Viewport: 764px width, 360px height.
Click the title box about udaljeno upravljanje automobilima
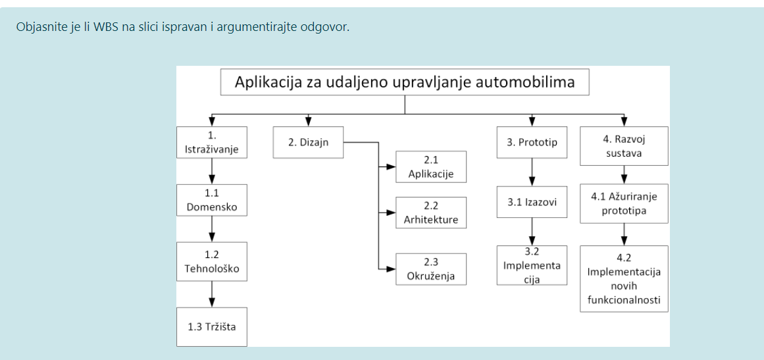point(405,82)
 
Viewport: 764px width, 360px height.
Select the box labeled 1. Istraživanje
point(212,142)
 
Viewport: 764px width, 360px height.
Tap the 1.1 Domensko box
point(212,199)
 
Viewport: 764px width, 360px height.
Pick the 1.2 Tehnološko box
point(212,261)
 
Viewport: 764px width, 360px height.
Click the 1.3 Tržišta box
point(212,326)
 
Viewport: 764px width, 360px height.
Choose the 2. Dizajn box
point(308,142)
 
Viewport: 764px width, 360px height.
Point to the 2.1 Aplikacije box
point(431,167)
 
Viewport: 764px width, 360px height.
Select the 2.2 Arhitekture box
point(431,213)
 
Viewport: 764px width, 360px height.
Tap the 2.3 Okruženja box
point(431,269)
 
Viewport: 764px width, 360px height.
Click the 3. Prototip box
point(532,142)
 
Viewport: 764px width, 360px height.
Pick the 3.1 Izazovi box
point(532,201)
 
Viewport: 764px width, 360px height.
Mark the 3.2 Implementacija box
point(532,265)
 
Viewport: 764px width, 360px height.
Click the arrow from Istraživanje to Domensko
point(212,171)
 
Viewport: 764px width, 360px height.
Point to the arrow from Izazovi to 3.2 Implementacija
point(532,232)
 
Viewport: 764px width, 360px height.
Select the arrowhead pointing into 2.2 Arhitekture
point(392,213)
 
